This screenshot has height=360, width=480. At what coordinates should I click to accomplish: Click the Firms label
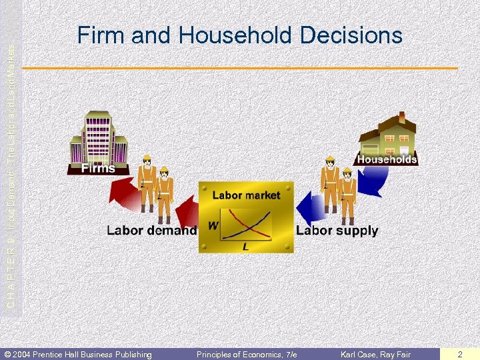(98, 168)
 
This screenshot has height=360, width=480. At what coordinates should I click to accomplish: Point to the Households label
(387, 159)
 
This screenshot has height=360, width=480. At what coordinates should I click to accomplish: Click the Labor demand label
(152, 231)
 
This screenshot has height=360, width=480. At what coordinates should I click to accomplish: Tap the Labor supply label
(337, 231)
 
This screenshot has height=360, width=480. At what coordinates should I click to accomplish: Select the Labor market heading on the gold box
(246, 195)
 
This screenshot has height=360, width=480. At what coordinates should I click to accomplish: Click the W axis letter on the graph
(213, 225)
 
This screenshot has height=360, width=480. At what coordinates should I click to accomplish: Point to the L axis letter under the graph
(245, 247)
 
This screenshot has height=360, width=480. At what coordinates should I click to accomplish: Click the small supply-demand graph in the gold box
(245, 225)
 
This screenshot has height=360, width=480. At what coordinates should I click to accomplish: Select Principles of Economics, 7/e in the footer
(246, 354)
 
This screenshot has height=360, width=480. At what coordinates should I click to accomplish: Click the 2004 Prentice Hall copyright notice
(78, 354)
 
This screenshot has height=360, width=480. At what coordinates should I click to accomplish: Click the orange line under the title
(240, 68)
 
